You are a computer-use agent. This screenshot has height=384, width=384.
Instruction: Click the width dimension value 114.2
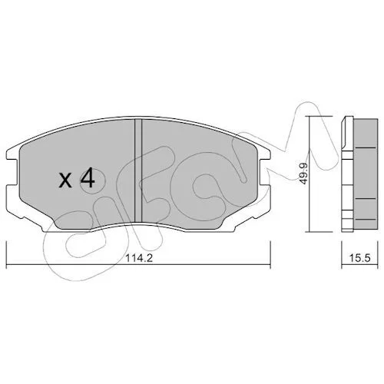139,258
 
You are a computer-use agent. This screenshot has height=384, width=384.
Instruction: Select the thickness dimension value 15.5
360,258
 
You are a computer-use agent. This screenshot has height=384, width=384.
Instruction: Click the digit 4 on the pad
88,180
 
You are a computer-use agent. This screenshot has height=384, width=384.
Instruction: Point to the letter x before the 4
65,180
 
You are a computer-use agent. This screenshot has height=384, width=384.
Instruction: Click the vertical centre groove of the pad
138,170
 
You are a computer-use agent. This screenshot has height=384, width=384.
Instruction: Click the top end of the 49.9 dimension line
310,116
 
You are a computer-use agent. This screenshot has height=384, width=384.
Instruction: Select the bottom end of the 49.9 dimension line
310,232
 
